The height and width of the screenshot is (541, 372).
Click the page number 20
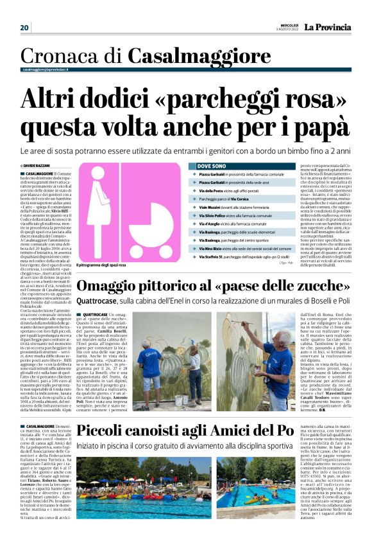click(x=25, y=28)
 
